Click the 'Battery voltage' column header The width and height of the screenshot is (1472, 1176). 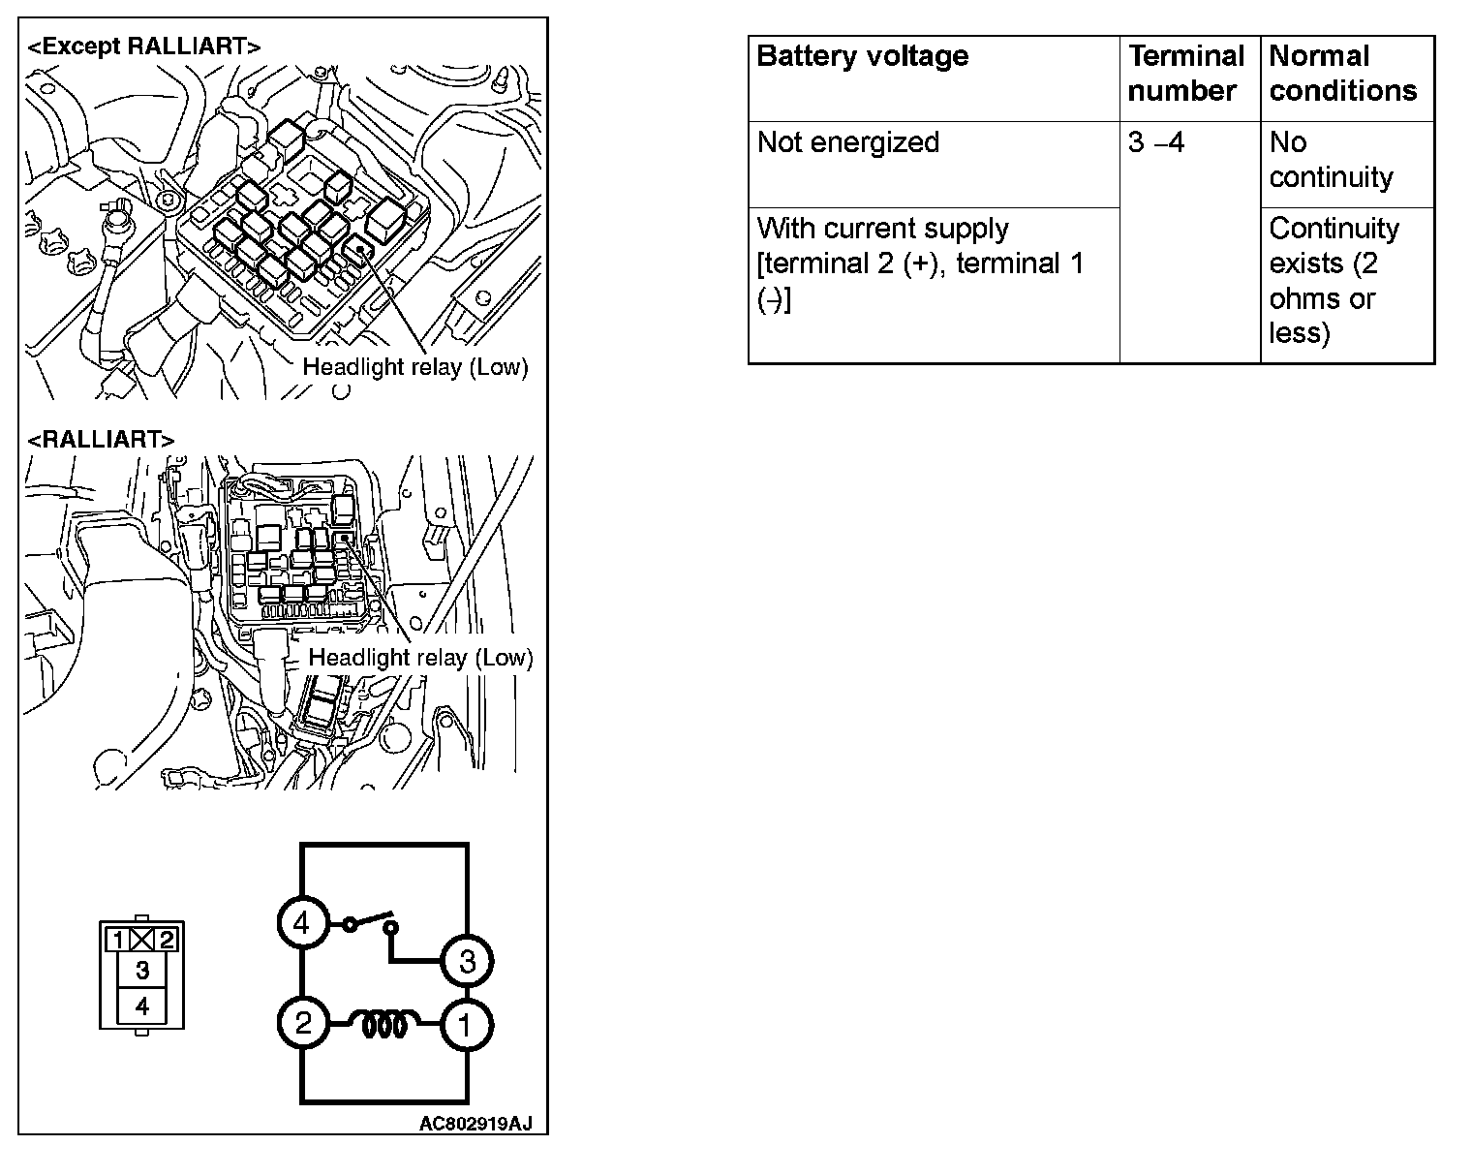862,56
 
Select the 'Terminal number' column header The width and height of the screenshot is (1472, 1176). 1185,74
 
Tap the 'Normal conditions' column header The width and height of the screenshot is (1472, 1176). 1342,74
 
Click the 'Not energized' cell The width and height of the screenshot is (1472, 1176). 848,142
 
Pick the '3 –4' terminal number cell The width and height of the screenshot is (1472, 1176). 1156,143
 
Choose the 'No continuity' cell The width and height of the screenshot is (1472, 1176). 1331,160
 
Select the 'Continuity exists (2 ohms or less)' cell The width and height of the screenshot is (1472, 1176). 1334,281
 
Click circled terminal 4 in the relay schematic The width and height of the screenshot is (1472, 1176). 302,923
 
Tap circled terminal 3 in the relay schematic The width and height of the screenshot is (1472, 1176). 467,962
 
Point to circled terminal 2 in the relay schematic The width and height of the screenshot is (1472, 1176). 303,1024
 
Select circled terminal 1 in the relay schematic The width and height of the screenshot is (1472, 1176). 466,1025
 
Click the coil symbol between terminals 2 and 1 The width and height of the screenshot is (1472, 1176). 384,1025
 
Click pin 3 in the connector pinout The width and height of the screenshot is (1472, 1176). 142,970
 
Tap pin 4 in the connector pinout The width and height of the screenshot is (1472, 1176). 142,1006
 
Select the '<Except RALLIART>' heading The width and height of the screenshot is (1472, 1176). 143,46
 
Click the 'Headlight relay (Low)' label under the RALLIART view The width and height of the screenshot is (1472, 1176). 420,658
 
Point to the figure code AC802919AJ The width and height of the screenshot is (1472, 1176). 475,1123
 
